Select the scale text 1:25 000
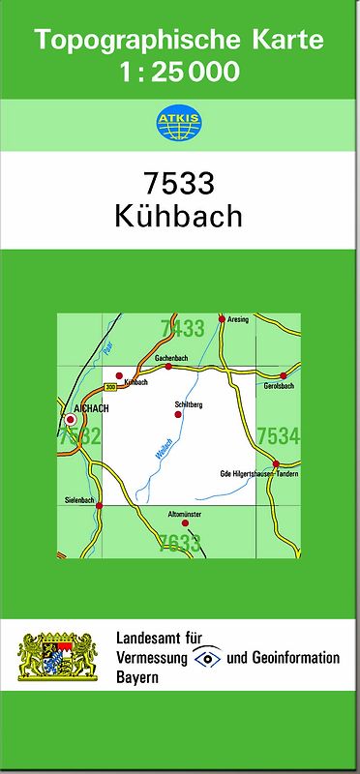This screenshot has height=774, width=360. coord(179,71)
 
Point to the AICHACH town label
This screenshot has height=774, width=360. coord(92,409)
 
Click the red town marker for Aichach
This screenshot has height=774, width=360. coord(70,420)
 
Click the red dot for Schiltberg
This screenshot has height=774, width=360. coord(177,414)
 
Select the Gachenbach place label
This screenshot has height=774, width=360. coord(170,358)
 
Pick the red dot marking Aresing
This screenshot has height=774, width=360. coord(222,318)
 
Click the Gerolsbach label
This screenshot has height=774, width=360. coord(278,386)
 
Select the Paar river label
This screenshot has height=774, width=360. coord(107,344)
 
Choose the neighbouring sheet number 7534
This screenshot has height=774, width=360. coord(279,437)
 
